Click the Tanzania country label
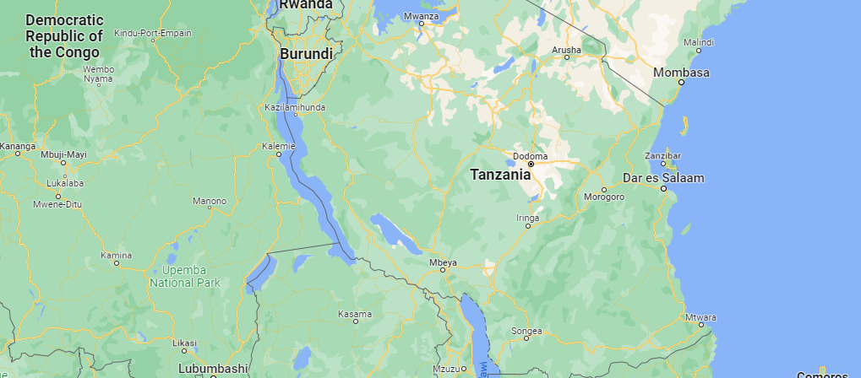tap(500, 175)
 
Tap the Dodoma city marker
tap(531, 165)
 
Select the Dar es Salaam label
tap(674, 178)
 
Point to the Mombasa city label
tap(681, 73)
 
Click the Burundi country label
tap(305, 54)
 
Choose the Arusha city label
tap(566, 51)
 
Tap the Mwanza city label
tap(421, 16)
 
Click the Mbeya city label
tap(443, 262)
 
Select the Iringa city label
tap(527, 218)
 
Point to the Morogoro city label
tap(604, 197)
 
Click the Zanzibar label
tap(663, 156)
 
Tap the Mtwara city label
tap(701, 317)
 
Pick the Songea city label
tap(526, 331)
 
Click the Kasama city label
tap(355, 314)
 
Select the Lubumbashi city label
tap(213, 369)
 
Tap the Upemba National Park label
tap(185, 277)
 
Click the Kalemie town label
tap(279, 146)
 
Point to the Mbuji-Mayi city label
tap(63, 154)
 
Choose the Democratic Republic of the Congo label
tap(64, 35)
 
